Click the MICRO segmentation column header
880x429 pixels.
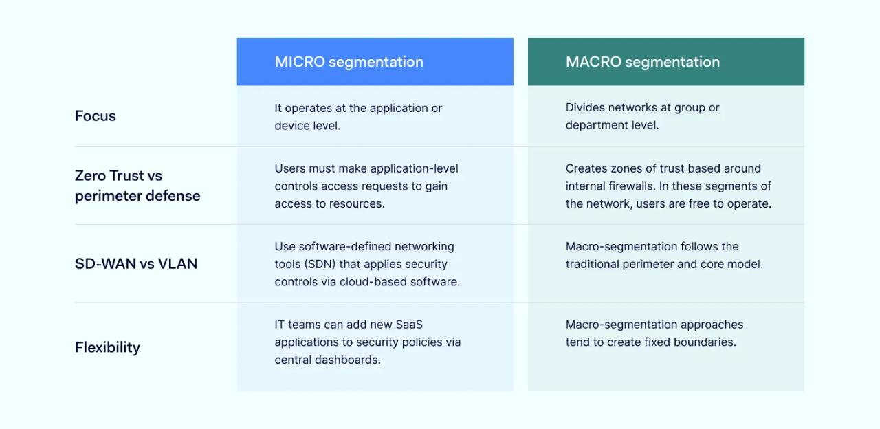[x=349, y=62]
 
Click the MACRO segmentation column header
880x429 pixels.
[x=642, y=62]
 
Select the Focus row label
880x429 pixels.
[x=95, y=116]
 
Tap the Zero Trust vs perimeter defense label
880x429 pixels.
[x=137, y=186]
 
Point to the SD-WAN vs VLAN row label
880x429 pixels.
[x=135, y=263]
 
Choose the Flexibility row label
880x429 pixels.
[x=107, y=347]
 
